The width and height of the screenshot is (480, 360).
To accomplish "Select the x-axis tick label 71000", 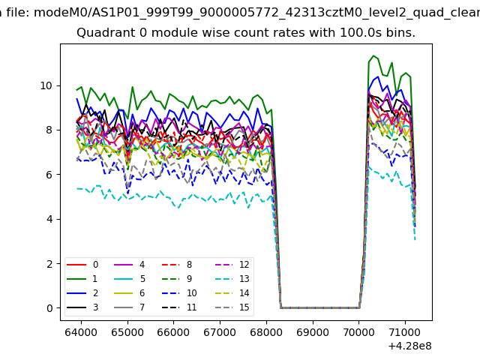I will [405, 330].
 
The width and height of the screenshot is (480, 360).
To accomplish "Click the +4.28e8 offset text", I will [406, 345].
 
